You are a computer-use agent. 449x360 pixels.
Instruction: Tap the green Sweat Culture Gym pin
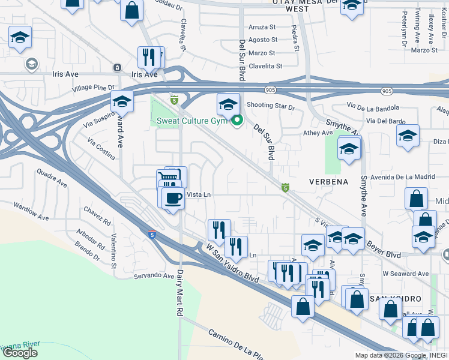pos(238,121)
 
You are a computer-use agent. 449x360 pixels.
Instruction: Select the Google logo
pos(20,353)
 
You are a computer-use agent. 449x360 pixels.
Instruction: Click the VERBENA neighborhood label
pos(328,181)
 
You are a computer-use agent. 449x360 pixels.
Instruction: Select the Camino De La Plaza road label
pos(235,344)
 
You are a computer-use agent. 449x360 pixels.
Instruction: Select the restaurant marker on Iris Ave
pos(150,58)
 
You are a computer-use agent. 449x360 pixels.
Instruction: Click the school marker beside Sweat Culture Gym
pos(228,105)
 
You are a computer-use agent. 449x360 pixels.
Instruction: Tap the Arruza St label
pos(262,27)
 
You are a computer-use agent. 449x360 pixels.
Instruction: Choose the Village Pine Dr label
pos(93,88)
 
